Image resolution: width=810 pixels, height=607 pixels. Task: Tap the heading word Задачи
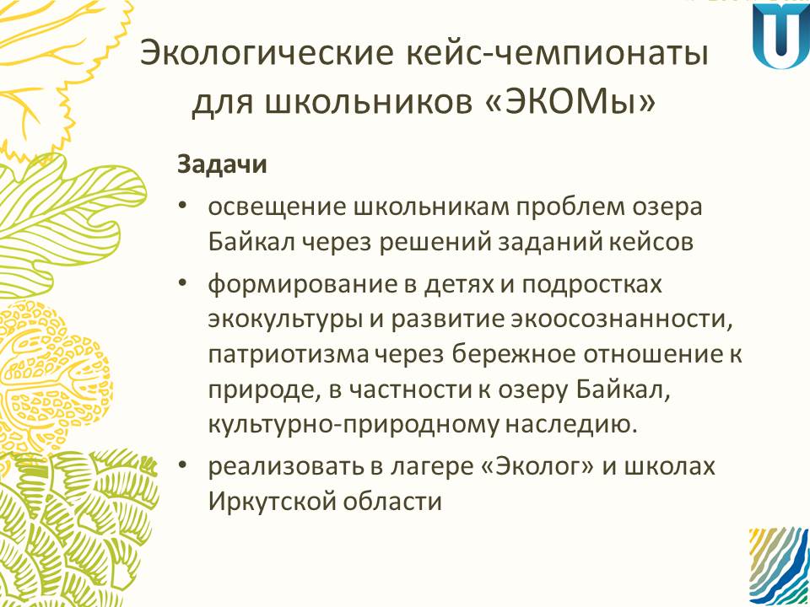click(222, 165)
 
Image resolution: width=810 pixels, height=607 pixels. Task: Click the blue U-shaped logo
click(780, 35)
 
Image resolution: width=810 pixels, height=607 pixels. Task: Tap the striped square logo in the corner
click(779, 567)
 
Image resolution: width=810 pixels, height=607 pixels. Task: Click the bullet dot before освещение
click(182, 207)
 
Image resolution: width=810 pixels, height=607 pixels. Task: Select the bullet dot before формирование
click(182, 284)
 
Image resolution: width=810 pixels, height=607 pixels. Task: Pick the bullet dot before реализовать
click(182, 465)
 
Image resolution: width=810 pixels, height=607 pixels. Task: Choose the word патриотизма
click(289, 355)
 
